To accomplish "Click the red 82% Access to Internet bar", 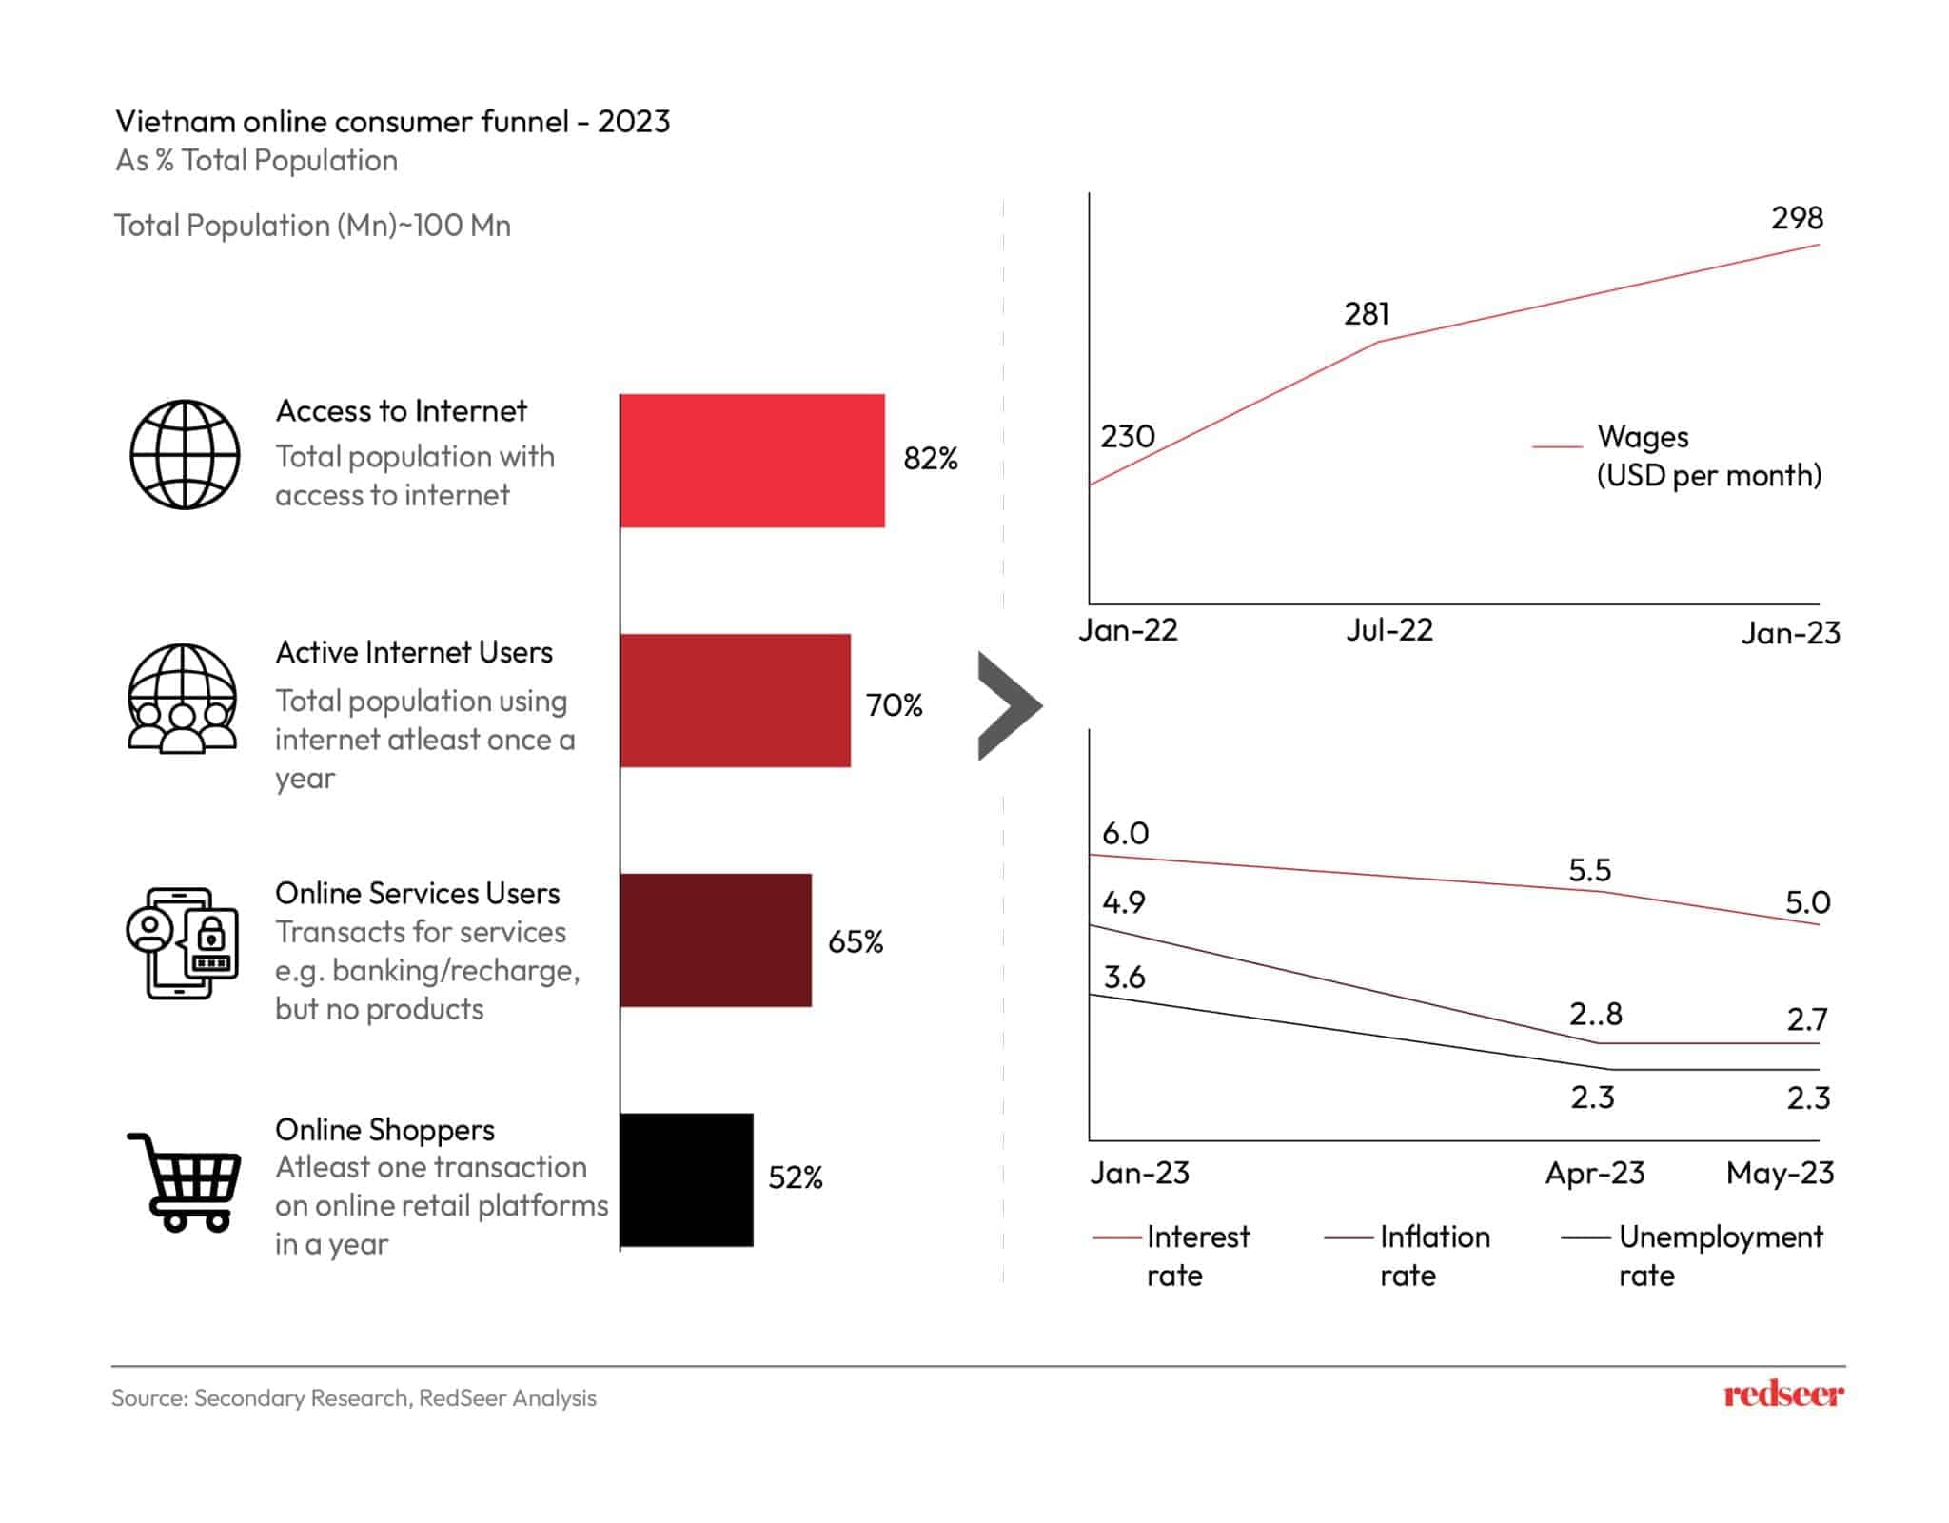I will click(x=752, y=461).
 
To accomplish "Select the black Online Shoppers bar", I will click(x=686, y=1180).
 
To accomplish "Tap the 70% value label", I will click(x=894, y=705).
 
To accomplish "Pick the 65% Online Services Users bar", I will click(x=716, y=940).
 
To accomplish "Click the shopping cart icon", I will click(x=185, y=1182).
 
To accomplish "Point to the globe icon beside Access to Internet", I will click(x=185, y=454).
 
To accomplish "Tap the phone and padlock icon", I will click(x=182, y=943).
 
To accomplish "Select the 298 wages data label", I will click(x=1797, y=218).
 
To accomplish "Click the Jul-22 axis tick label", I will click(x=1388, y=630).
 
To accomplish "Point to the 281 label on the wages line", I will click(x=1367, y=314).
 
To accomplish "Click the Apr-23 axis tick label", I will click(x=1594, y=1173).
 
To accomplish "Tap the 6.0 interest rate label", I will click(x=1125, y=834).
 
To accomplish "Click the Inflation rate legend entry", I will click(x=1418, y=1256).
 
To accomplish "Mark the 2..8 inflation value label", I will click(x=1595, y=1015).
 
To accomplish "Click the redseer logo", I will click(x=1783, y=1395).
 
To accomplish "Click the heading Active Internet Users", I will click(x=414, y=653).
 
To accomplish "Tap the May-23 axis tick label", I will click(x=1780, y=1173).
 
